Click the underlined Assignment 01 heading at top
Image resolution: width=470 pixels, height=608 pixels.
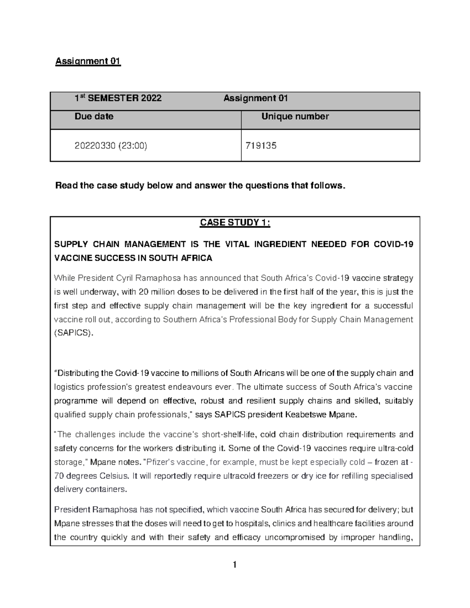(88, 61)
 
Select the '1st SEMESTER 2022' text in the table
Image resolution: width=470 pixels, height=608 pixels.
(118, 98)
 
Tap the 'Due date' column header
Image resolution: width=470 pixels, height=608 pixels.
(94, 116)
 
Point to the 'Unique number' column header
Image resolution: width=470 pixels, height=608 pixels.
(295, 116)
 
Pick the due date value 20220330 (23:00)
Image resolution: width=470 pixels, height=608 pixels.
(111, 146)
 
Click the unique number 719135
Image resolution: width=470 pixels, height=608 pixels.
(260, 146)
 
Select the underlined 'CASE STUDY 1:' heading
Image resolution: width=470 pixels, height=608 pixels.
(235, 223)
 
